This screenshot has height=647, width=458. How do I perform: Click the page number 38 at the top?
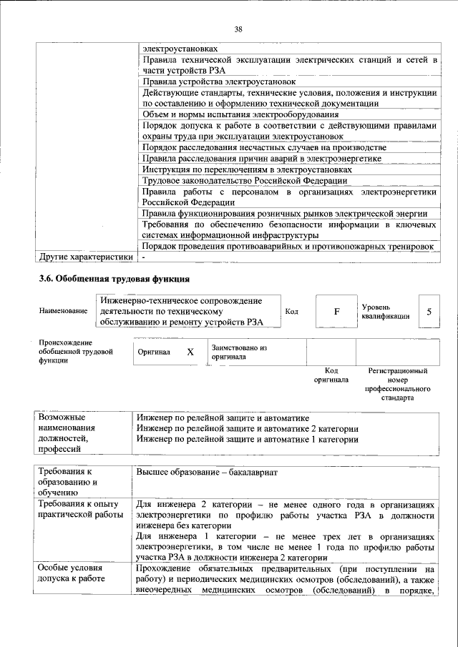[238, 29]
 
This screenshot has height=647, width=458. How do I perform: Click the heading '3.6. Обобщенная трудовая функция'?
[114, 278]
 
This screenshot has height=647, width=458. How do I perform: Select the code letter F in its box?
[336, 312]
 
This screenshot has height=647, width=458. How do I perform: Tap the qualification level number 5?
[429, 312]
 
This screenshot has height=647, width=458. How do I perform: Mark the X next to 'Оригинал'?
[190, 352]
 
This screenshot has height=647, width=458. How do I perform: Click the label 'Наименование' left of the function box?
[64, 311]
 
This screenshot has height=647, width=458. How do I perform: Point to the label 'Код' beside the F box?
[292, 312]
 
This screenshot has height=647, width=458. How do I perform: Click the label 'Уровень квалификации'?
[386, 311]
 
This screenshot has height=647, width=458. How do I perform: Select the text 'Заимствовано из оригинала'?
[239, 351]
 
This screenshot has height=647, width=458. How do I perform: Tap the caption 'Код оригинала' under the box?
[331, 375]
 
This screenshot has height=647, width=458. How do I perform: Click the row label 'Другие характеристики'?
[86, 257]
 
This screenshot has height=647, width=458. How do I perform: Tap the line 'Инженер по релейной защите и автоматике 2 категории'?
[248, 428]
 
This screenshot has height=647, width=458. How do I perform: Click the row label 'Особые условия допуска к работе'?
[72, 573]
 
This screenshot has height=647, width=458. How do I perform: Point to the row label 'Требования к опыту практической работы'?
[81, 509]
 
